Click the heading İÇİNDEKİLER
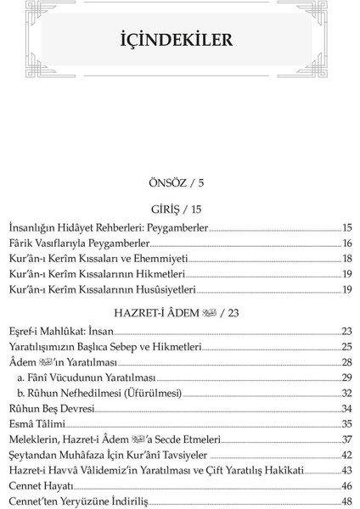tap(177, 41)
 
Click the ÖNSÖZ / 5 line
tap(177, 182)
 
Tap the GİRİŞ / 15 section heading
tap(177, 209)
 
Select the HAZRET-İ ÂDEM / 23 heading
tap(177, 312)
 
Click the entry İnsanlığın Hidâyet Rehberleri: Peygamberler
tap(108, 228)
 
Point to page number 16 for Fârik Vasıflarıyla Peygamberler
tap(346, 243)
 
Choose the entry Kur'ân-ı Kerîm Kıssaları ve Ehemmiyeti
tap(98, 259)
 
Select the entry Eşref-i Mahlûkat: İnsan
tap(60, 332)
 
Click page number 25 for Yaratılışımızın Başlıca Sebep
tap(346, 347)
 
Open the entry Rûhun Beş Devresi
tap(51, 408)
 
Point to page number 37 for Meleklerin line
tap(346, 439)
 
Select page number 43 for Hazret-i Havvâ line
tap(346, 470)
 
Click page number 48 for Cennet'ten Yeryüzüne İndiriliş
tap(346, 501)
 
